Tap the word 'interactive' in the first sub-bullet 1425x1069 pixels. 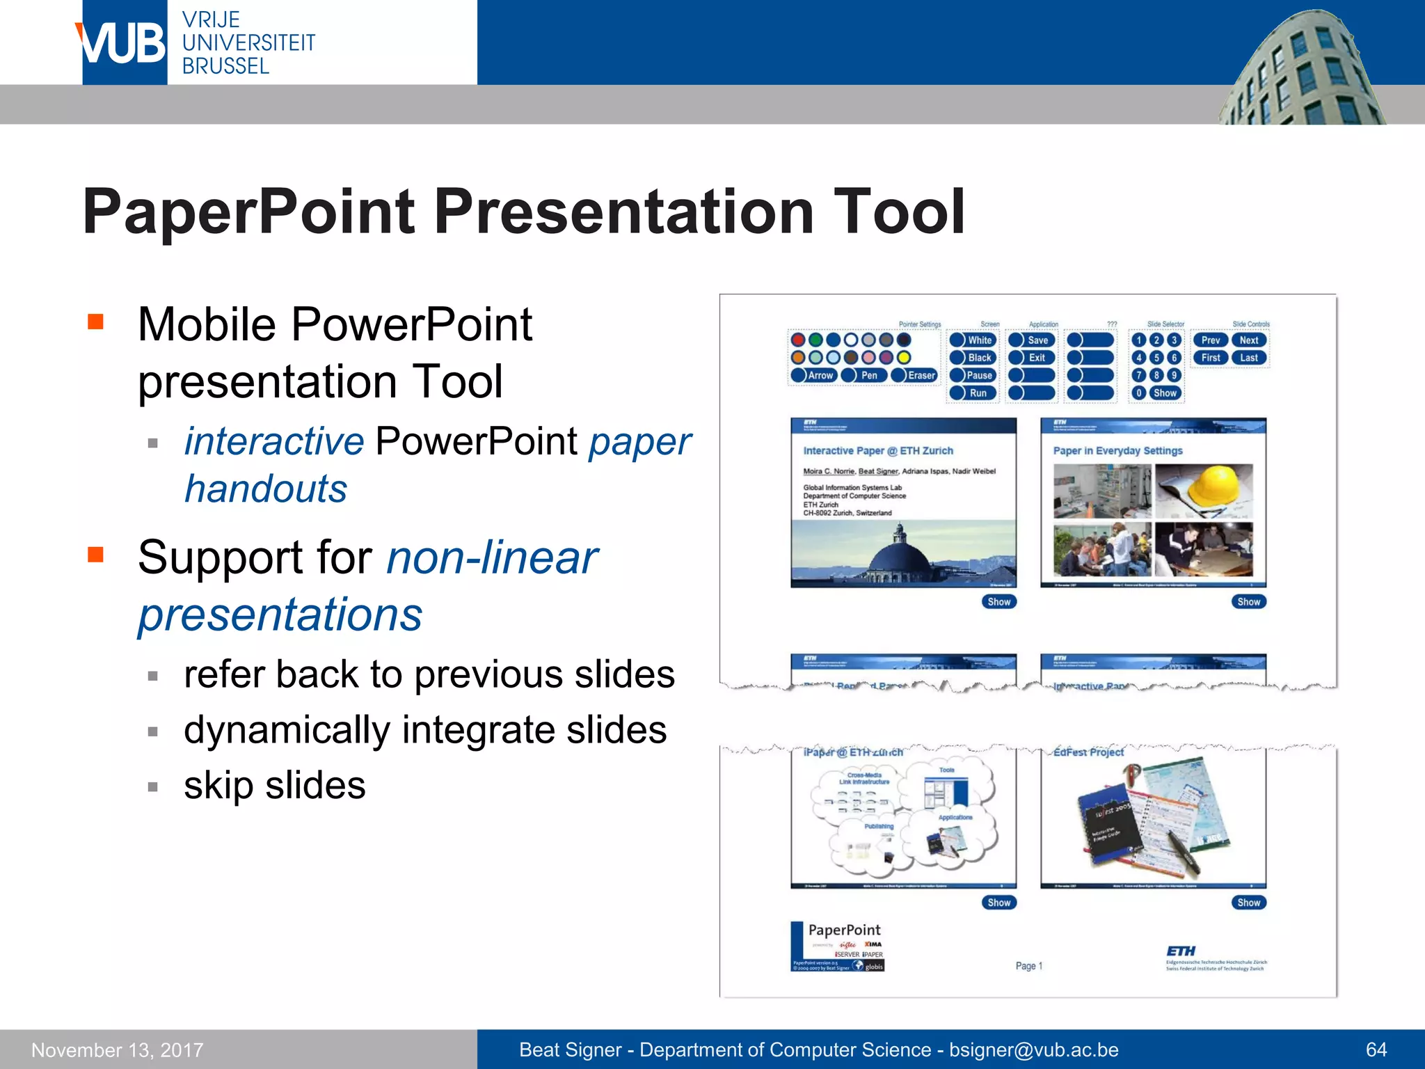[273, 441]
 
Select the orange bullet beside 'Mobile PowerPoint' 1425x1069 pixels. [96, 322]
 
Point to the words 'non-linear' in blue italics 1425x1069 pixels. [492, 557]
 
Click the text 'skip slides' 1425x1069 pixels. [274, 786]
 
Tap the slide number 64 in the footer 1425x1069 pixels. [1376, 1050]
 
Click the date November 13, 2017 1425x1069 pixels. [118, 1050]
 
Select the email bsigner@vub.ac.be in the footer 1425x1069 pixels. [1034, 1050]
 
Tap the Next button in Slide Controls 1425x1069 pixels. [1248, 340]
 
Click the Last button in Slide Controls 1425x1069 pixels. [1248, 358]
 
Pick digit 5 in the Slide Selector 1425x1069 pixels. [1156, 358]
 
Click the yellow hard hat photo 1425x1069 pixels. [1203, 491]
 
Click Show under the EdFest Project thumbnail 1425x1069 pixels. [1248, 903]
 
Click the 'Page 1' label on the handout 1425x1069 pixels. [1028, 966]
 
